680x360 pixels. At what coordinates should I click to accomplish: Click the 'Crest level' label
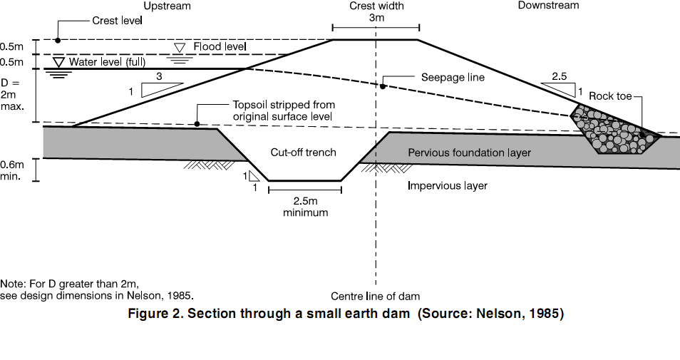117,21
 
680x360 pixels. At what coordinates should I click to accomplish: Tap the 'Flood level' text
220,46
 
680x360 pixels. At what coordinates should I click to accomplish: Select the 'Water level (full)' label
107,61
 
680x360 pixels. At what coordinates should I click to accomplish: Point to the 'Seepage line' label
453,78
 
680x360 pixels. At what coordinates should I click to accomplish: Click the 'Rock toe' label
609,96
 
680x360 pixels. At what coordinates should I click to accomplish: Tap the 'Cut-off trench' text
303,153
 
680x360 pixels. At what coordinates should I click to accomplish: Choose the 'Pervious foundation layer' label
469,153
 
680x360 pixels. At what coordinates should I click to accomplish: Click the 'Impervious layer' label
448,185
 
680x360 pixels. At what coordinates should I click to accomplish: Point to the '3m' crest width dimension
376,18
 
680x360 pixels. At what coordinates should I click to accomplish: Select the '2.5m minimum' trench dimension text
305,207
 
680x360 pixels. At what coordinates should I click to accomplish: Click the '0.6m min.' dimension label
11,170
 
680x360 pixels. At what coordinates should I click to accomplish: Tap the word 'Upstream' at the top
167,6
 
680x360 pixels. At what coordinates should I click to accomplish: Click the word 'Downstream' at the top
549,5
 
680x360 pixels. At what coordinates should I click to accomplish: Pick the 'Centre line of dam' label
375,297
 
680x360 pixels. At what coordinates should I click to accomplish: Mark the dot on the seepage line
383,87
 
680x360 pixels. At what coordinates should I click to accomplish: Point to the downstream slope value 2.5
559,76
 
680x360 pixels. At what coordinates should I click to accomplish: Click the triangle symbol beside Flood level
179,47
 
